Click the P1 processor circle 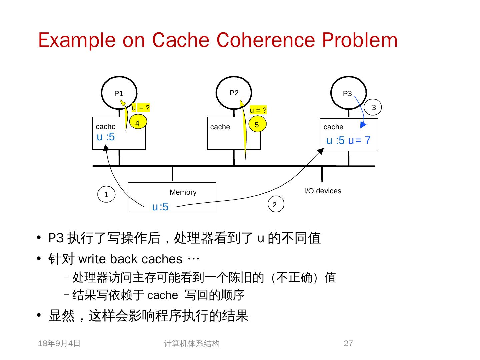119,93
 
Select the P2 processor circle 234,93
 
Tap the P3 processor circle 348,93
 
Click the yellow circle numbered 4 137,123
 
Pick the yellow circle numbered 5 257,125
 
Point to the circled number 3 374,107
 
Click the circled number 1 106,195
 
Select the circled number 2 275,205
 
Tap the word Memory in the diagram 183,192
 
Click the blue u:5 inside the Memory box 160,207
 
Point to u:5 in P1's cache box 106,137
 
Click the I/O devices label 322,191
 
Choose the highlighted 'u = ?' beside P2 258,110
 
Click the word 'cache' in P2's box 220,127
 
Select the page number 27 348,343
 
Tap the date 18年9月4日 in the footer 59,343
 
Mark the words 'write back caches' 130,259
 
